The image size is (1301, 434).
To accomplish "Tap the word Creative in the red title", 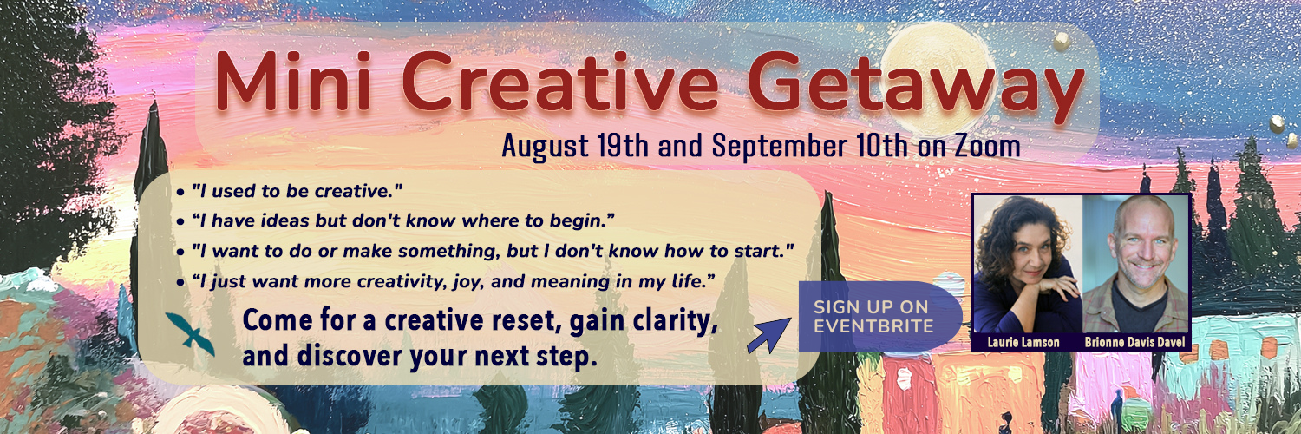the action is pyautogui.click(x=560, y=81).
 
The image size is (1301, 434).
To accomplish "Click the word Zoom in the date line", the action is pyautogui.click(x=987, y=146).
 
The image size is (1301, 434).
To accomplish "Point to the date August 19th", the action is pyautogui.click(x=575, y=146).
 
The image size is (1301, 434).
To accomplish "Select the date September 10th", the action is pyautogui.click(x=810, y=146).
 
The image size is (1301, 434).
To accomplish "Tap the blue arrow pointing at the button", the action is pyautogui.click(x=768, y=336).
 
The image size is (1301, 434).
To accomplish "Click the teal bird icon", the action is pyautogui.click(x=190, y=334).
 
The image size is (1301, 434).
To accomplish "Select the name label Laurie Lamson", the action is pyautogui.click(x=1023, y=342).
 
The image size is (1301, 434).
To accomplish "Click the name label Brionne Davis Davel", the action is pyautogui.click(x=1134, y=342).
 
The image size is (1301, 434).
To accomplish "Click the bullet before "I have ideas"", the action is pyautogui.click(x=180, y=222).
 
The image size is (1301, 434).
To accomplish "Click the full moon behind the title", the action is pyautogui.click(x=936, y=76).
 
